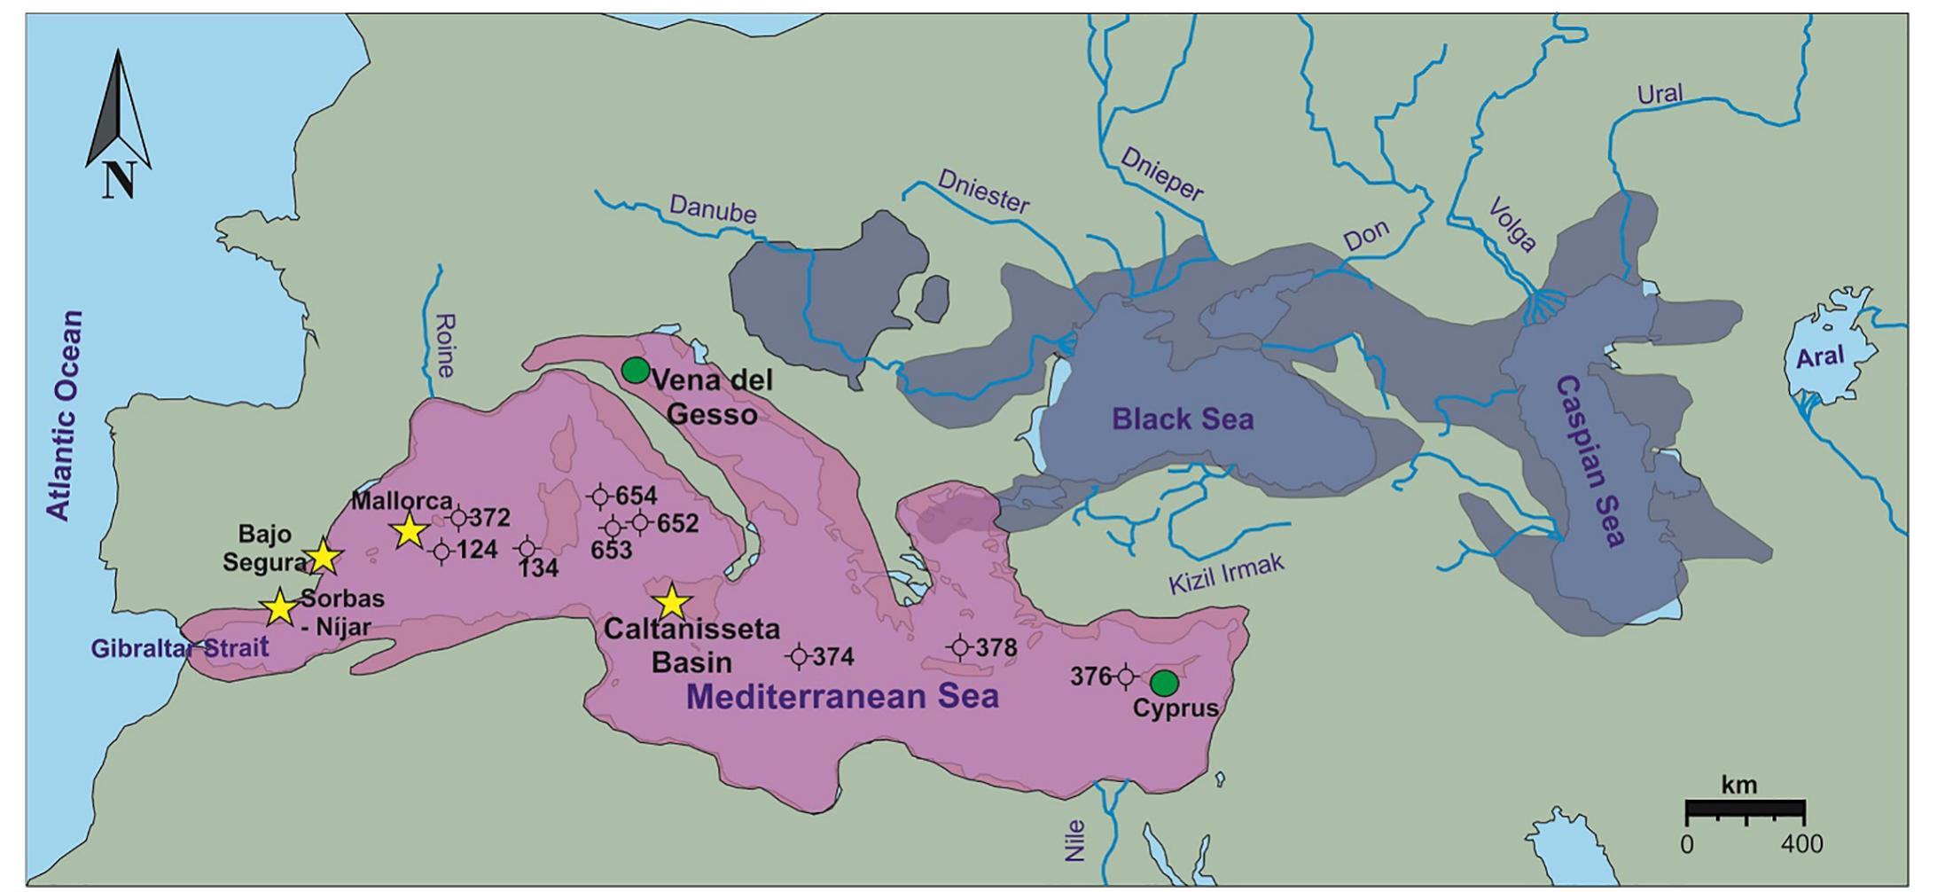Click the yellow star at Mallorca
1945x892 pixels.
pyautogui.click(x=409, y=530)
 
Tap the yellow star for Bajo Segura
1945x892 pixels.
pyautogui.click(x=323, y=558)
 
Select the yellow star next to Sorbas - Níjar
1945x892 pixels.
pyautogui.click(x=279, y=607)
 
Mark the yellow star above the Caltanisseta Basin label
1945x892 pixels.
pyautogui.click(x=672, y=602)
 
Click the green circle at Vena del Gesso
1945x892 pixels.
pyautogui.click(x=635, y=370)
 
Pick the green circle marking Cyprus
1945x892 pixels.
pyautogui.click(x=1163, y=683)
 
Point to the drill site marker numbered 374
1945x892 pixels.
pyautogui.click(x=799, y=656)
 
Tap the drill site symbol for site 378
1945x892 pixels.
pyautogui.click(x=960, y=647)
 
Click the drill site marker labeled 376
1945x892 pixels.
pyautogui.click(x=1125, y=677)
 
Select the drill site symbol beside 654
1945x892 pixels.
pyautogui.click(x=600, y=497)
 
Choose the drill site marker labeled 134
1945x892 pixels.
pyautogui.click(x=527, y=549)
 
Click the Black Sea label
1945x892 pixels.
pyautogui.click(x=1183, y=419)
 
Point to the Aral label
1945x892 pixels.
pyautogui.click(x=1820, y=358)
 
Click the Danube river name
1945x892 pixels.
pyautogui.click(x=713, y=208)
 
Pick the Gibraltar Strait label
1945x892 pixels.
pyautogui.click(x=179, y=648)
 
